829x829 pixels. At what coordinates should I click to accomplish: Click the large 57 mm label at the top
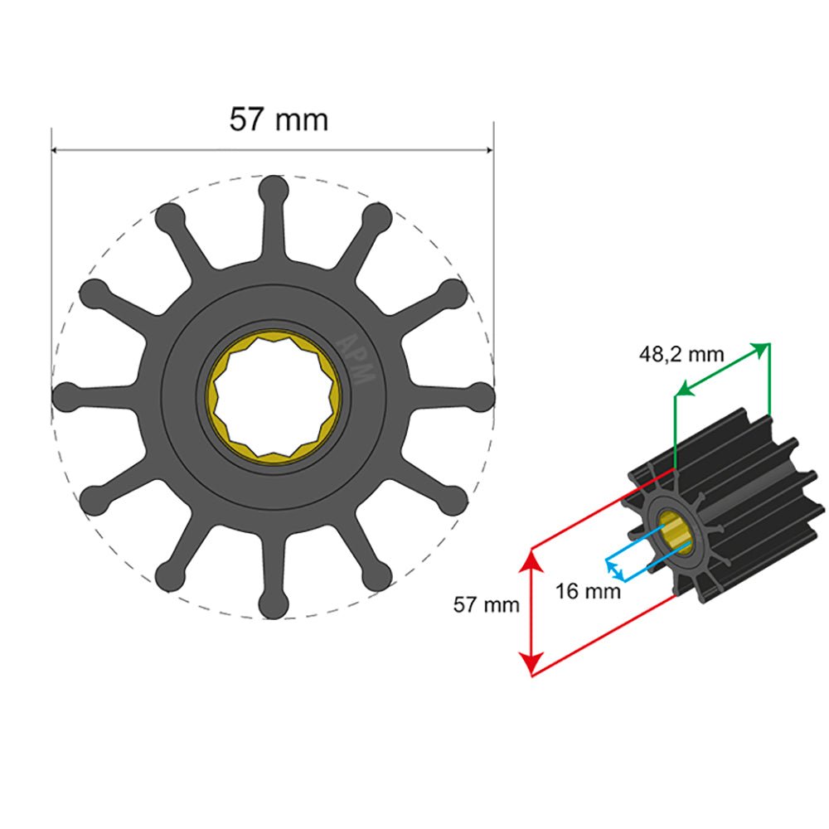coord(279,119)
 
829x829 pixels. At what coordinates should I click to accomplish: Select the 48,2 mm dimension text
coord(681,355)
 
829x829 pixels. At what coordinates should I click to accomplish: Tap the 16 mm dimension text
coord(588,591)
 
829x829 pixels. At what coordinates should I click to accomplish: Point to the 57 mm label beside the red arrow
coord(486,604)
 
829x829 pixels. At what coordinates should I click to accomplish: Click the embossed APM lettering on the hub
coord(358,357)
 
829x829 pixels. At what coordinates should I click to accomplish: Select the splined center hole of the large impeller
coord(274,398)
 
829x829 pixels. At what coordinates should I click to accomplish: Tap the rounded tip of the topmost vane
coord(273,189)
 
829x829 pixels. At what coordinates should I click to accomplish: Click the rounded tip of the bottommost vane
coord(273,606)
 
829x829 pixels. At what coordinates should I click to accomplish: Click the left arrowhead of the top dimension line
coord(56,151)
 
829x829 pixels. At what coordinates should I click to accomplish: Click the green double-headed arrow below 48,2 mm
coord(722,368)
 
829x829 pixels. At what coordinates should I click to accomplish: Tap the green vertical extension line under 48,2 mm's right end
coord(770,381)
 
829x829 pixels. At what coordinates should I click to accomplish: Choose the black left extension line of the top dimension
coord(51,249)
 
